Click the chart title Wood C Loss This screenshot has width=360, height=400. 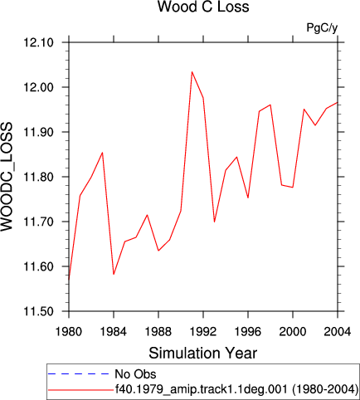click(203, 7)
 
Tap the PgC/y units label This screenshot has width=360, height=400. click(322, 27)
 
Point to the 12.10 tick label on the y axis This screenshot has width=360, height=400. click(38, 42)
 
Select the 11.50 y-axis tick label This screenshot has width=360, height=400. click(38, 311)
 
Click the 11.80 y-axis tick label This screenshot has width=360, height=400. click(38, 177)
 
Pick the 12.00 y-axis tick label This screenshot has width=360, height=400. click(38, 87)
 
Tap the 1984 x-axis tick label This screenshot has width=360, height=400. click(114, 331)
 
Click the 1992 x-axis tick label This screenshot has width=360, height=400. click(203, 331)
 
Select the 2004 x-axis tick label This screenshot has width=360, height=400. click(338, 331)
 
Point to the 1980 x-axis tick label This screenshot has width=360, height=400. click(69, 331)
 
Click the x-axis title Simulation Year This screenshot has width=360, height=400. click(203, 354)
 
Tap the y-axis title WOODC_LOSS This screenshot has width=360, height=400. click(7, 177)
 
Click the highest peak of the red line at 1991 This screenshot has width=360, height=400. click(192, 72)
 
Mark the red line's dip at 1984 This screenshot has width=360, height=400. click(114, 274)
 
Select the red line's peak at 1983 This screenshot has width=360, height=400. click(103, 153)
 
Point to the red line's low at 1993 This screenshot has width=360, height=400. click(214, 222)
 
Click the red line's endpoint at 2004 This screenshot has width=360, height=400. click(338, 103)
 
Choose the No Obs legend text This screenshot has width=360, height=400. click(135, 374)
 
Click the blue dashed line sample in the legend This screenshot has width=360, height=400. click(79, 374)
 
